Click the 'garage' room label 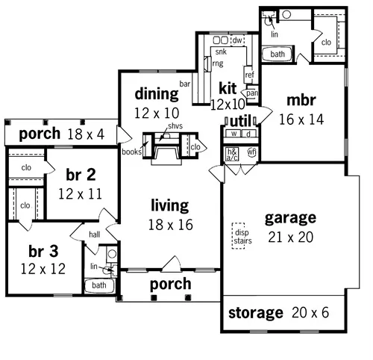(290, 219)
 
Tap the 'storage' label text (256, 312)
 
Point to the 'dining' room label (156, 94)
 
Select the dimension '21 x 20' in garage (290, 238)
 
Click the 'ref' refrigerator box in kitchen (250, 75)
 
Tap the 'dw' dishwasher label (238, 40)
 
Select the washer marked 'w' (233, 134)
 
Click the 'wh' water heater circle (251, 152)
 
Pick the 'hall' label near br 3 (94, 234)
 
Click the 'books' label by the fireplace (132, 152)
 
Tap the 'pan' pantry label (252, 93)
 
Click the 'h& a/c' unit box (232, 153)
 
